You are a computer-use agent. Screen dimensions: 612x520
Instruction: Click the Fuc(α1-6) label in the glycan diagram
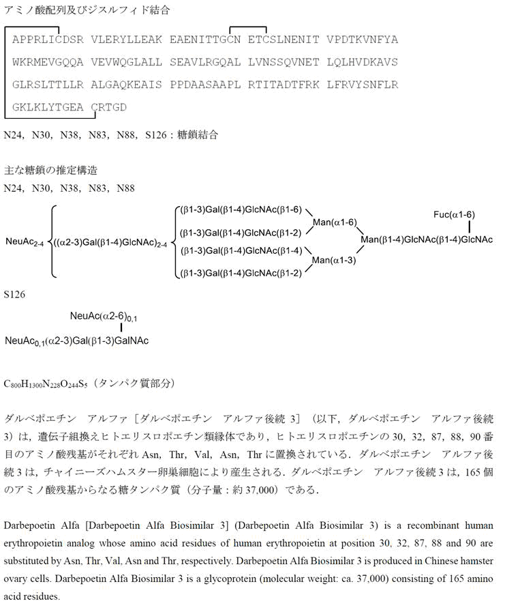tap(454, 215)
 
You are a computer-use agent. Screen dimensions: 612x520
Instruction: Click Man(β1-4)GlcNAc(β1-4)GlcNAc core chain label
tap(427, 239)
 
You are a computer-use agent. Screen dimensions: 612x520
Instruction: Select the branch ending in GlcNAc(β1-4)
tap(240, 250)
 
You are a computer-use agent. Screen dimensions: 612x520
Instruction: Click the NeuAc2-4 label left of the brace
tap(25, 242)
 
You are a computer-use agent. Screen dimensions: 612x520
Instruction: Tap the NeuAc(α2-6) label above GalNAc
tap(104, 317)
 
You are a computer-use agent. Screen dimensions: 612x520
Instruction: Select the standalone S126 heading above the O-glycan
tap(15, 295)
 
